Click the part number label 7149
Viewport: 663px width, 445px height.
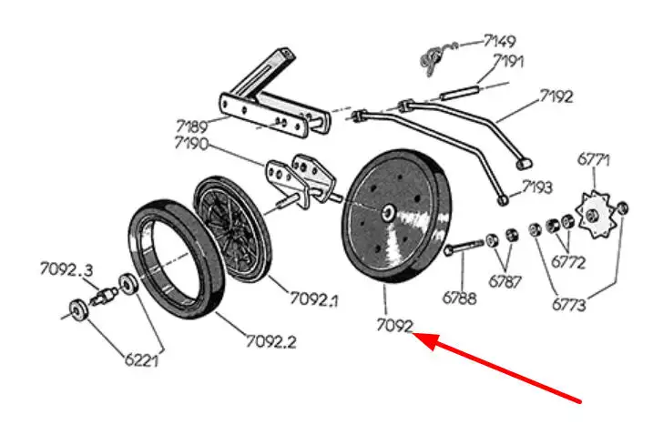[499, 41]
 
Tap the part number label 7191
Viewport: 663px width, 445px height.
[509, 62]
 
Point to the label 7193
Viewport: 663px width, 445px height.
[536, 187]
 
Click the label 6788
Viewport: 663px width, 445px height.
[459, 297]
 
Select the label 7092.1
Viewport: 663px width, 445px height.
[314, 298]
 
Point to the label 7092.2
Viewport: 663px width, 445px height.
[270, 342]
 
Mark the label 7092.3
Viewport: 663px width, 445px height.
[66, 268]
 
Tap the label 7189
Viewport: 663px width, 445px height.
[191, 126]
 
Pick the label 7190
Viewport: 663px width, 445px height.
[191, 144]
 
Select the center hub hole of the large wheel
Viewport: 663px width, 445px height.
[389, 212]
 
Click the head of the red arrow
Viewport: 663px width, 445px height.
[420, 339]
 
